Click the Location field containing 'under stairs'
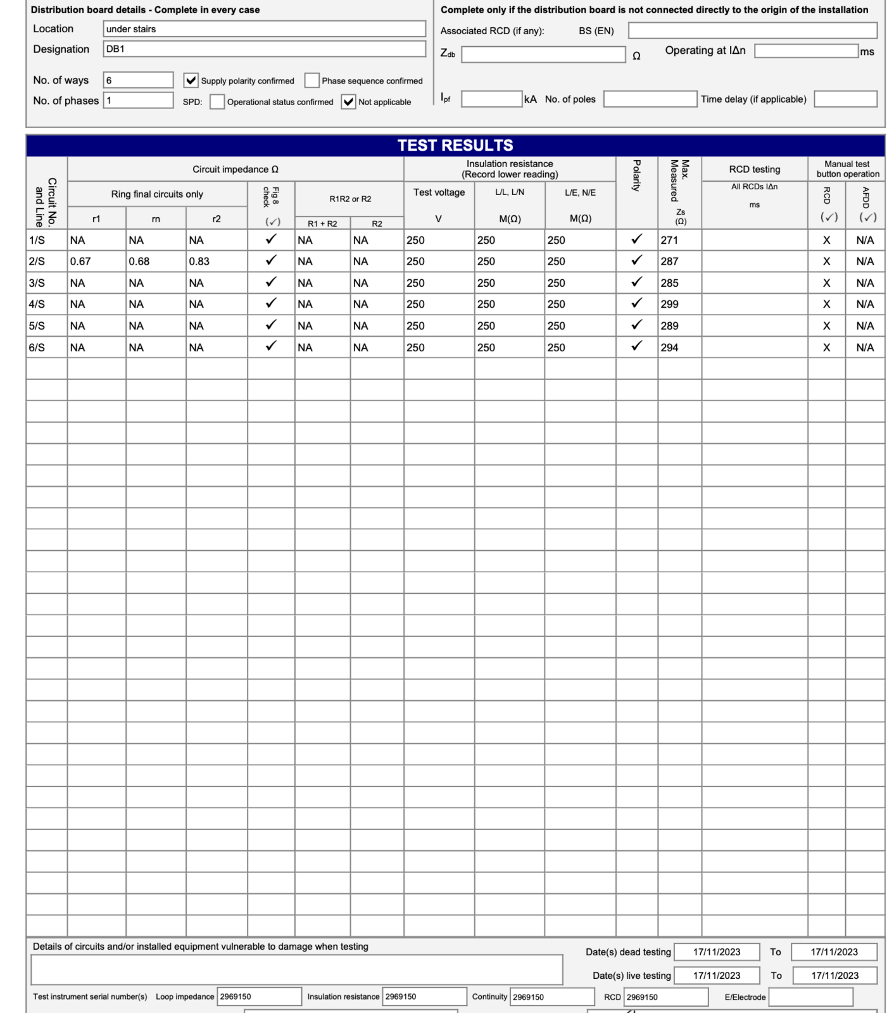click(x=264, y=29)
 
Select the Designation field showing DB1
click(x=264, y=49)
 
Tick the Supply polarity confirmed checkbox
click(x=191, y=80)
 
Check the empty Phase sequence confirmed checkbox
click(x=312, y=80)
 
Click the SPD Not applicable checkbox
click(x=348, y=101)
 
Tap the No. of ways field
click(x=138, y=80)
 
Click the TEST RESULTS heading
click(x=455, y=146)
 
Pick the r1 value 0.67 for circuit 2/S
click(x=81, y=261)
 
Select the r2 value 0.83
click(x=199, y=261)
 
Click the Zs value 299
click(x=670, y=305)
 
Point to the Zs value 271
click(x=670, y=241)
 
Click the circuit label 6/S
click(x=37, y=348)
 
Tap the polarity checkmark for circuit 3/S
click(x=637, y=282)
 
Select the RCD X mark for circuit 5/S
click(x=826, y=326)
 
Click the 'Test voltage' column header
click(x=439, y=192)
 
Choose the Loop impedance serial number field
click(x=259, y=997)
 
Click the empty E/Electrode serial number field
click(x=810, y=997)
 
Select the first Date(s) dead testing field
click(x=717, y=952)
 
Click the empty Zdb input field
click(x=543, y=55)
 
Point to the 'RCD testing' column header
click(x=754, y=170)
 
